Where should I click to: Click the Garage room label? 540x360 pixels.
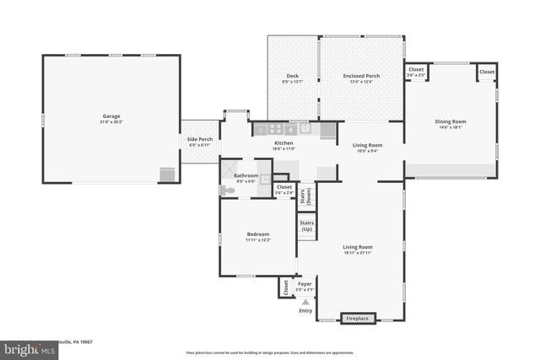point(111,116)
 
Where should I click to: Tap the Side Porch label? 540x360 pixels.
point(200,138)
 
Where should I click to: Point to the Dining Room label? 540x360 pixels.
point(451,121)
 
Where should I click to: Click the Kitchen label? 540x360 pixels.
point(283,143)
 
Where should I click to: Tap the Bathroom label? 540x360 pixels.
point(246,175)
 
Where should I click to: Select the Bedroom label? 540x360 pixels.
point(257,234)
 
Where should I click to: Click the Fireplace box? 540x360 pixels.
point(359,318)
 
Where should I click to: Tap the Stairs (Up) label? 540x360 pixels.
point(307,227)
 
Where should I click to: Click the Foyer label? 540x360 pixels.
point(305,284)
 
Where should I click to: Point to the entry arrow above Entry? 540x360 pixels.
point(305,301)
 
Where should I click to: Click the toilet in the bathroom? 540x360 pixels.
point(228,191)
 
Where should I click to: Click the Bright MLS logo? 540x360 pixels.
point(25,348)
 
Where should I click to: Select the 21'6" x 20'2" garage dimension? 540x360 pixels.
point(111,121)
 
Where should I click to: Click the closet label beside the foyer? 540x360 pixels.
point(286,287)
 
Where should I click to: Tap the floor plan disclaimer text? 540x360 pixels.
point(270,352)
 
